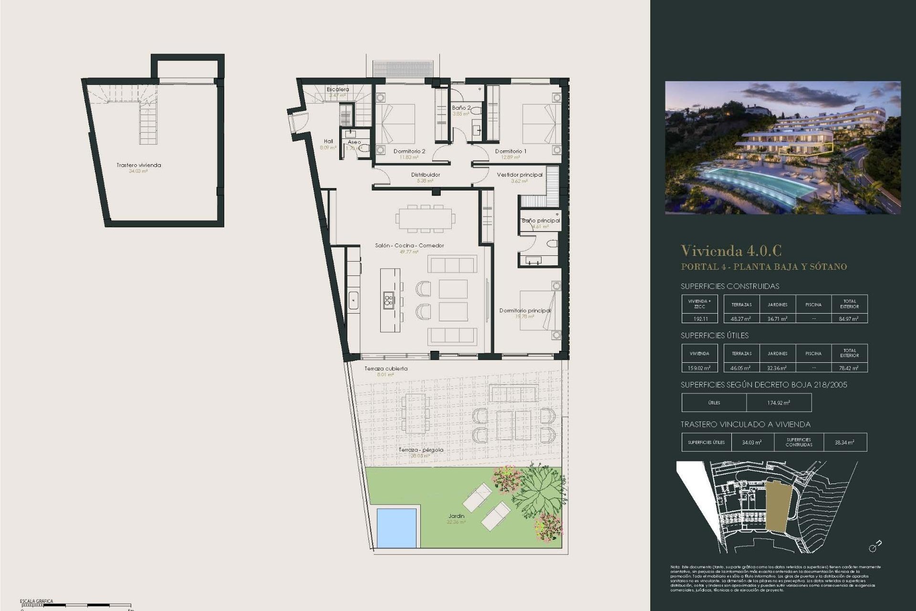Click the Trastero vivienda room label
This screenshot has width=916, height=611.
(x=139, y=165)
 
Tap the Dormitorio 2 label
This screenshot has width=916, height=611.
(x=409, y=151)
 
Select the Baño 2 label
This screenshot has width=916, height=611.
(x=461, y=108)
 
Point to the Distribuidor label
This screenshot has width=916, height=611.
(x=426, y=175)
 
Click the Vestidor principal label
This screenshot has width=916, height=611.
(x=520, y=175)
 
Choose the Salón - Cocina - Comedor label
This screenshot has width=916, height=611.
(x=409, y=245)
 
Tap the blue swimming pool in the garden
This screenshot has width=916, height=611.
(x=396, y=527)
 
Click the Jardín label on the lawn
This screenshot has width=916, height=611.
(x=456, y=516)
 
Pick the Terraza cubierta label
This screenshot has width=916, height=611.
(x=386, y=369)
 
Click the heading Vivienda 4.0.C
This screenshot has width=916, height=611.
(x=731, y=251)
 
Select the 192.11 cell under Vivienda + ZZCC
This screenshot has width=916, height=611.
(x=699, y=318)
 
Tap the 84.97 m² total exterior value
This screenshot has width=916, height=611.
(x=849, y=318)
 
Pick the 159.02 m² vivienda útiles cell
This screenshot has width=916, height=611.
(x=699, y=368)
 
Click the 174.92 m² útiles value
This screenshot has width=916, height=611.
(x=779, y=403)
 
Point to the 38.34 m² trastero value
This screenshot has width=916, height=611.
(x=844, y=442)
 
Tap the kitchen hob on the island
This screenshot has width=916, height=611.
(x=388, y=300)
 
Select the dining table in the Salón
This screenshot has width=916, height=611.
(x=425, y=219)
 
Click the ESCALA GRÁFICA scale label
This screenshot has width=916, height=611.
(x=36, y=601)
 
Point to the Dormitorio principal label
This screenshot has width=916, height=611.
(x=525, y=310)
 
